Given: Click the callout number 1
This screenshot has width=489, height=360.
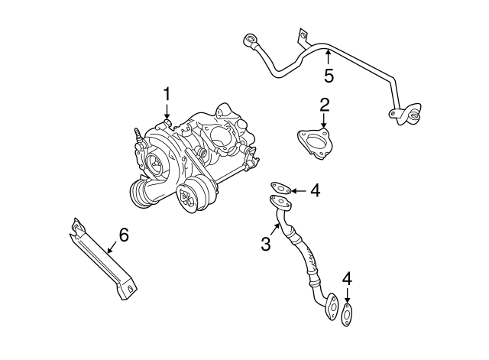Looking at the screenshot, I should [167, 95].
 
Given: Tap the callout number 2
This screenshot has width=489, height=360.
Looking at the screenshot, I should [324, 104].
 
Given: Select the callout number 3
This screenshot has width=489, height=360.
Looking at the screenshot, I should [266, 244].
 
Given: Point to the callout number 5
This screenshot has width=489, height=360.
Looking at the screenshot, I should [329, 75].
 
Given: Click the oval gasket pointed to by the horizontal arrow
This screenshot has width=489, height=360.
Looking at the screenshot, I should [280, 187].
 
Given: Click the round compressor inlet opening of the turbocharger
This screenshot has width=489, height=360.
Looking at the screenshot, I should [155, 162].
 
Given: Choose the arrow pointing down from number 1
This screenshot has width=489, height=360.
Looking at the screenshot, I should [167, 115].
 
